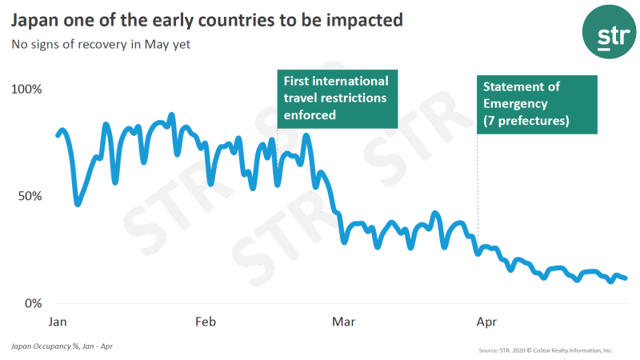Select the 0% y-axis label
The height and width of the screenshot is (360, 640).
pos(31,303)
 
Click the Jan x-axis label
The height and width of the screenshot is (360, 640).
pos(58,322)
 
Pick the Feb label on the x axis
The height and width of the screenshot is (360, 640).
pos(206,322)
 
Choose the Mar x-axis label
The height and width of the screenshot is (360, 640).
pos(344,322)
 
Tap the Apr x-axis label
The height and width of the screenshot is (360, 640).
pos(486,322)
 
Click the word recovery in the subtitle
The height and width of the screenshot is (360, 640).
pos(97,44)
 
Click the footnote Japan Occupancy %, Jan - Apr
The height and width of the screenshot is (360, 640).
pos(56,347)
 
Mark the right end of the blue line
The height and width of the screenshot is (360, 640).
pos(626,278)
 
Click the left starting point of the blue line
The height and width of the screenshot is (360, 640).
pos(57,134)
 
